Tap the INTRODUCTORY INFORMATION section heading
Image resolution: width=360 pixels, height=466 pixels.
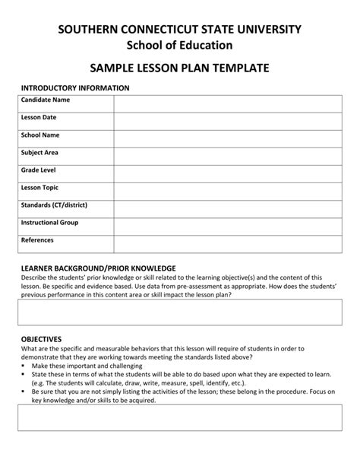(x=75, y=88)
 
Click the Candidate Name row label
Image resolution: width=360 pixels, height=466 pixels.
(x=46, y=100)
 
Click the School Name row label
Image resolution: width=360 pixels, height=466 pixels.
(x=40, y=135)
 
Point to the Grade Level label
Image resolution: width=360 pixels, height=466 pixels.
(x=39, y=170)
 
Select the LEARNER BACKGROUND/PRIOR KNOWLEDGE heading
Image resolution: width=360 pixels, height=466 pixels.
(x=98, y=268)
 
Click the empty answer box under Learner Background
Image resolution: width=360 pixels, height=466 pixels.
(x=180, y=312)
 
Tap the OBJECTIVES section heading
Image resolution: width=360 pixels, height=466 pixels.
(x=41, y=339)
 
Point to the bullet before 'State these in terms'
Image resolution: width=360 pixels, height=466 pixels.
(x=23, y=374)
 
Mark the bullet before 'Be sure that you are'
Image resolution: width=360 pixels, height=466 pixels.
(x=23, y=391)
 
